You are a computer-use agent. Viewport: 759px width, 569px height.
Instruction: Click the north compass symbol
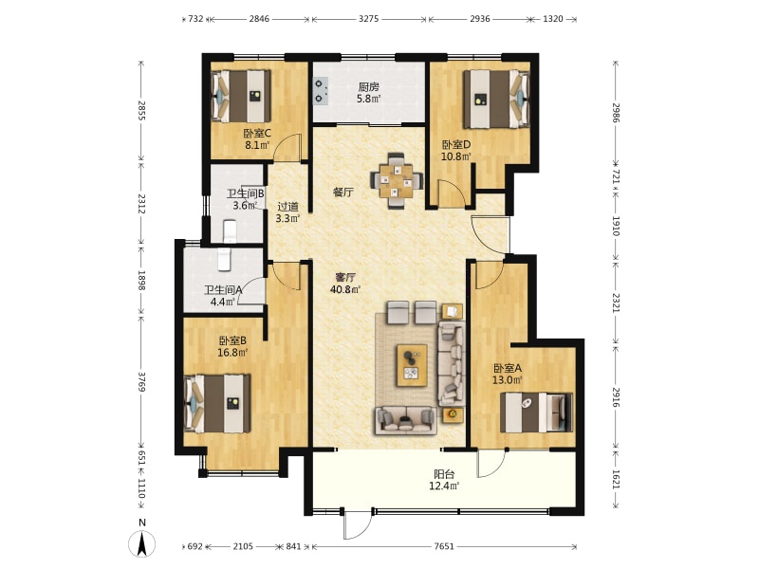[141, 543]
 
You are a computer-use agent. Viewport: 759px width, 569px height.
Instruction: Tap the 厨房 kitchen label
[369, 87]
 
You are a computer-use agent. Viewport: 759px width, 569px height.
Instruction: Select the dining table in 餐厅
[397, 181]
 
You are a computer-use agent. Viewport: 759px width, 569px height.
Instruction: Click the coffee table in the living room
[412, 365]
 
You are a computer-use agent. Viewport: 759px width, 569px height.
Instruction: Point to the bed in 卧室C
[241, 97]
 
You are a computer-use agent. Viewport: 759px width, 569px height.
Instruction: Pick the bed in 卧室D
[496, 99]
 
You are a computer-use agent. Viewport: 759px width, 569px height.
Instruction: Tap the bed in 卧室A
[536, 413]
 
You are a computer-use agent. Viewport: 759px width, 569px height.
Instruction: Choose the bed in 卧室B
[217, 403]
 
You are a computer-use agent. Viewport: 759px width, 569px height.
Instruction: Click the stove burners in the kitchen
[321, 90]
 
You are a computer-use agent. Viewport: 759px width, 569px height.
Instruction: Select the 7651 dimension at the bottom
[444, 546]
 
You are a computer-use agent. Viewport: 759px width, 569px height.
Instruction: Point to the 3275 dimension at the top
[369, 19]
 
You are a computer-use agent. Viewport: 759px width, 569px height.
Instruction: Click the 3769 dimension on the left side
[141, 382]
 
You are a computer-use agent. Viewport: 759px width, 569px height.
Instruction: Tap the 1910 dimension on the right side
[616, 226]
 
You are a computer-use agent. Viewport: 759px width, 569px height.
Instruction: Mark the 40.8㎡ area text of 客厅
[345, 289]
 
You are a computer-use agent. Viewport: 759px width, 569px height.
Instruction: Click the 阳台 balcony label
[444, 474]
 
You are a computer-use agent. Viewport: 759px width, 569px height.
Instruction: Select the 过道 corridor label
[288, 207]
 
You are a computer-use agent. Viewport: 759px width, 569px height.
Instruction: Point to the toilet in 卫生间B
[230, 230]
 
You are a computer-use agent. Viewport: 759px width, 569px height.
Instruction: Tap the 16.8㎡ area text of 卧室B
[232, 352]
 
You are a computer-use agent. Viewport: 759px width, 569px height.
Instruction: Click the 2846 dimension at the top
[259, 19]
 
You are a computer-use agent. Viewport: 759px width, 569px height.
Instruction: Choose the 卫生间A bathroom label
[223, 290]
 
